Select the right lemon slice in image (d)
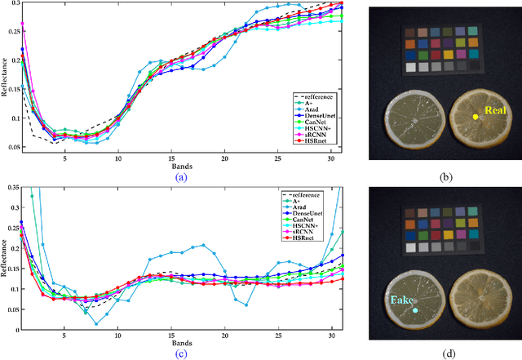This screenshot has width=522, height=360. (480, 300)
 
